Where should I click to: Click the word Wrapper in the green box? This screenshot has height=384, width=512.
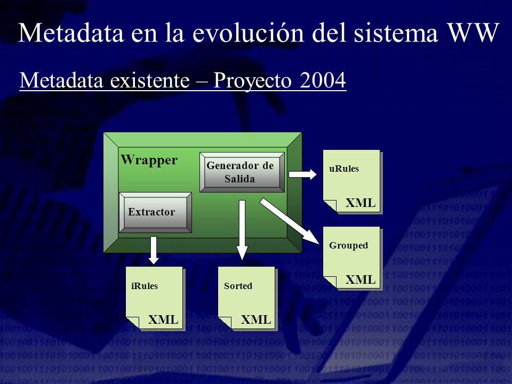coord(149,160)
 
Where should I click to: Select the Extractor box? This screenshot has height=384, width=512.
coord(155,212)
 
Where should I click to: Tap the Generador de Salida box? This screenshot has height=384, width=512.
coord(242,172)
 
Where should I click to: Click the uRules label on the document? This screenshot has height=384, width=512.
coord(344,169)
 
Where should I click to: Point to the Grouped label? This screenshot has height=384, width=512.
coord(348,245)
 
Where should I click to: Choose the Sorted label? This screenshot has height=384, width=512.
coord(238,286)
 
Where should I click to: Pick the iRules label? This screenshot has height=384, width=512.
coord(145,286)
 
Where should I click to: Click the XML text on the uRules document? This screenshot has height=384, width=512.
coord(361,203)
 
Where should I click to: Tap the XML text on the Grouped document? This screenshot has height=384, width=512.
coord(361,279)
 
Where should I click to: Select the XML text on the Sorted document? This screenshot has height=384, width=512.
coord(255,319)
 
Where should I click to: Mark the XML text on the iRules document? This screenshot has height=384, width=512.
coord(163,319)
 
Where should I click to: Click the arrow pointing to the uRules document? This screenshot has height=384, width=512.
coord(303,174)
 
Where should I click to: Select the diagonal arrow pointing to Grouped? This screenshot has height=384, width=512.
coord(289,221)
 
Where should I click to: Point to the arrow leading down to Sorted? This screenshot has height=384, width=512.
coord(242,230)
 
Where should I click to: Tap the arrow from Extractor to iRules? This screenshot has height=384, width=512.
coord(154,250)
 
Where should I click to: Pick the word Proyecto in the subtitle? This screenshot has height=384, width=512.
coord(252,81)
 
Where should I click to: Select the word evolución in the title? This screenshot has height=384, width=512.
coord(248,33)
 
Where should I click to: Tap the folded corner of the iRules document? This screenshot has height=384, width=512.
coord(133,322)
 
